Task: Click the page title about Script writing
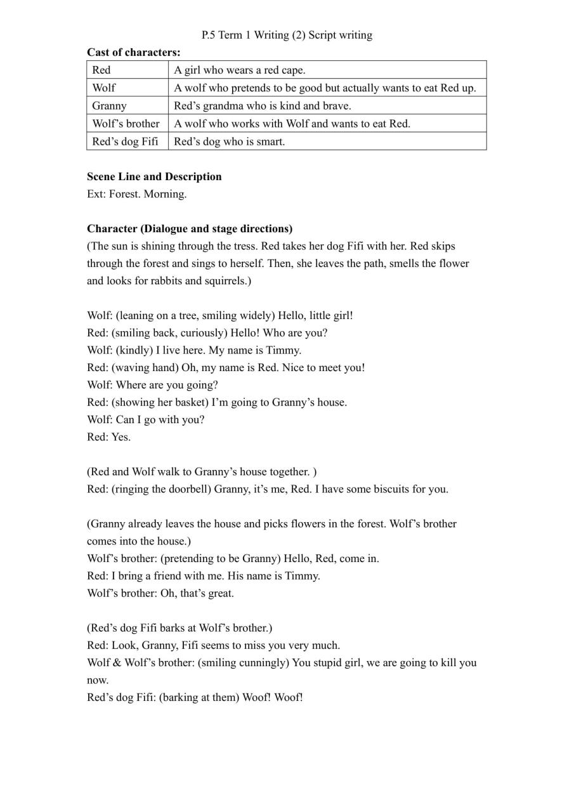(x=287, y=35)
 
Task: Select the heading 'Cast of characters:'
(x=133, y=52)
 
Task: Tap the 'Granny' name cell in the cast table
(x=110, y=106)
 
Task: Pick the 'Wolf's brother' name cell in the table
(x=126, y=124)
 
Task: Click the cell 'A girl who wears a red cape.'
(x=240, y=70)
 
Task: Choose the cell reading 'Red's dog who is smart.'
(x=230, y=141)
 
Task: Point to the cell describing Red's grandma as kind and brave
(x=263, y=106)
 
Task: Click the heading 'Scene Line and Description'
(x=154, y=176)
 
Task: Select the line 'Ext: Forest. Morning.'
(x=136, y=194)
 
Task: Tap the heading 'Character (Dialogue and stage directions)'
(x=190, y=228)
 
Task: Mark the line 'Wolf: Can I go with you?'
(x=145, y=419)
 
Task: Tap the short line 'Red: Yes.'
(x=108, y=437)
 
